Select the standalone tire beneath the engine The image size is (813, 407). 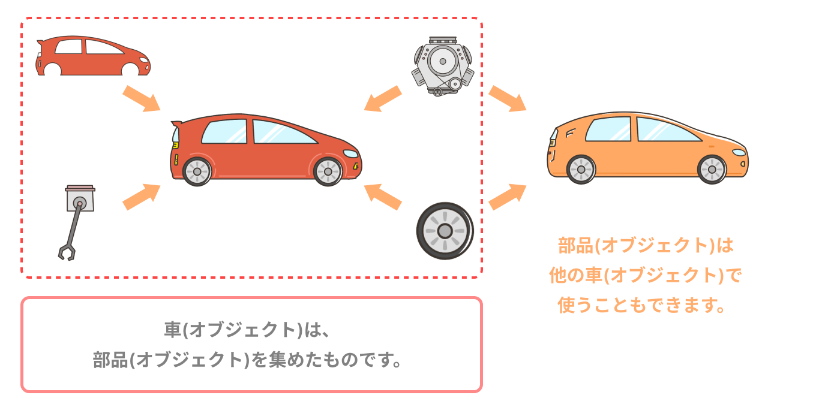click(445, 231)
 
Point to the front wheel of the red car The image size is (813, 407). click(328, 171)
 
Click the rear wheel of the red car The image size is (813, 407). click(197, 171)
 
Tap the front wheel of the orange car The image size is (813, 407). click(712, 169)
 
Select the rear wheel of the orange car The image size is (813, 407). click(580, 169)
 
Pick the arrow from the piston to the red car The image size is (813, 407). click(142, 197)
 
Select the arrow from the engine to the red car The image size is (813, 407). click(383, 98)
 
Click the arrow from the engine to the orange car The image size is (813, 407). click(508, 98)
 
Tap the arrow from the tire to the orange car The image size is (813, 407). click(508, 197)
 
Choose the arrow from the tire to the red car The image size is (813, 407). click(383, 197)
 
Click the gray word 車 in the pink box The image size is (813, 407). click(173, 330)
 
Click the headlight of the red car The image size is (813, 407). click(349, 154)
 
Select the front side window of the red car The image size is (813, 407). click(282, 132)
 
